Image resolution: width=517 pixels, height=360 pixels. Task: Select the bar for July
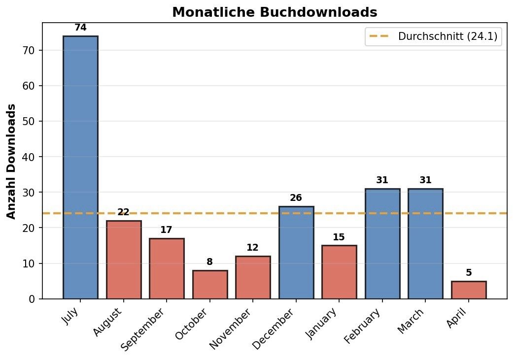[80, 167]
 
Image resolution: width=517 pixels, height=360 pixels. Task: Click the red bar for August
[124, 260]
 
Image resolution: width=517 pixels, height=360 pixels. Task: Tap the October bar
[210, 284]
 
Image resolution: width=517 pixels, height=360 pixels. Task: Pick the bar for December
[296, 252]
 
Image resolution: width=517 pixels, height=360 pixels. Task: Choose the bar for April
[469, 290]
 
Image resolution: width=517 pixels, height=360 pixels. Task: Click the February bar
[382, 243]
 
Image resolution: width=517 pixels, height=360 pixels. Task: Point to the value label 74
[80, 28]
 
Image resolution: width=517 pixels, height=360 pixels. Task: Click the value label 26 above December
[296, 198]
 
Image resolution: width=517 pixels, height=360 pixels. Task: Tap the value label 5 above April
[469, 273]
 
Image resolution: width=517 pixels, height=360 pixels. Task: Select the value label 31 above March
[425, 180]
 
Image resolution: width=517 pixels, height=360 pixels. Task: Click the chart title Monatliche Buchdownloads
[275, 12]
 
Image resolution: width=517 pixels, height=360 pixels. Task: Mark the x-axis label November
[231, 328]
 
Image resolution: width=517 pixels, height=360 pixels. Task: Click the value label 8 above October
[210, 262]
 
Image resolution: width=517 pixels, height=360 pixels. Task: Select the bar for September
[167, 268]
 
